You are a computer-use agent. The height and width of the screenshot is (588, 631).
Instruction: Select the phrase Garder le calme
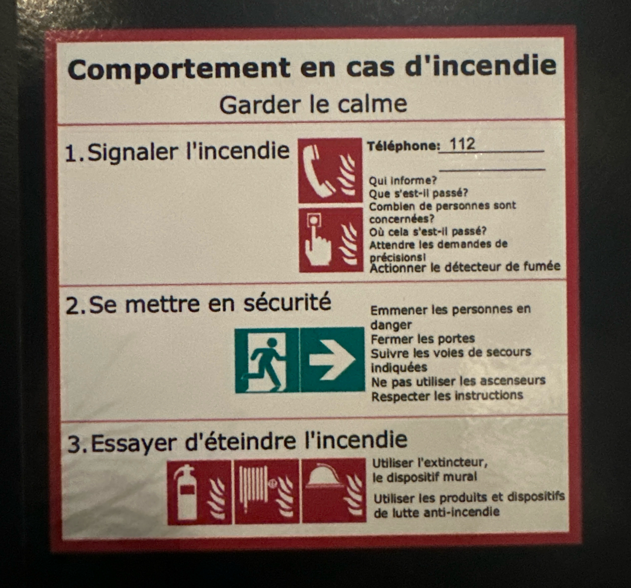313,104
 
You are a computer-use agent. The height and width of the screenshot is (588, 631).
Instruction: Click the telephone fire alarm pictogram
330,171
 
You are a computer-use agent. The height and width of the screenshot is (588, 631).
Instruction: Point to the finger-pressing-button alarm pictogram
331,240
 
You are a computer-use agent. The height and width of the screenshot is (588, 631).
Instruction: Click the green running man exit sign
267,361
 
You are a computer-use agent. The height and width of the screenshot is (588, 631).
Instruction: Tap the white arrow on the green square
333,360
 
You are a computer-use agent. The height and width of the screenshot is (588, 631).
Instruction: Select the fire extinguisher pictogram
199,492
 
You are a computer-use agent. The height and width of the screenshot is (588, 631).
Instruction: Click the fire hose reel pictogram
267,491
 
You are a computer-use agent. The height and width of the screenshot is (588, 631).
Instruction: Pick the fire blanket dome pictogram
334,490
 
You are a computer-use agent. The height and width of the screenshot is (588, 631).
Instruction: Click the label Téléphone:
404,146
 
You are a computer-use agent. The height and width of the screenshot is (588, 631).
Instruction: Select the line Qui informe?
403,180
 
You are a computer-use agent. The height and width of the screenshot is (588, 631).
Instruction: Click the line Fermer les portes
423,339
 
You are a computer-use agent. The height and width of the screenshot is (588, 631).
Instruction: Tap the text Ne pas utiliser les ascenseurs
458,381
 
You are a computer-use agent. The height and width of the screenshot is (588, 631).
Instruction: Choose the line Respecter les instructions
447,396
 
